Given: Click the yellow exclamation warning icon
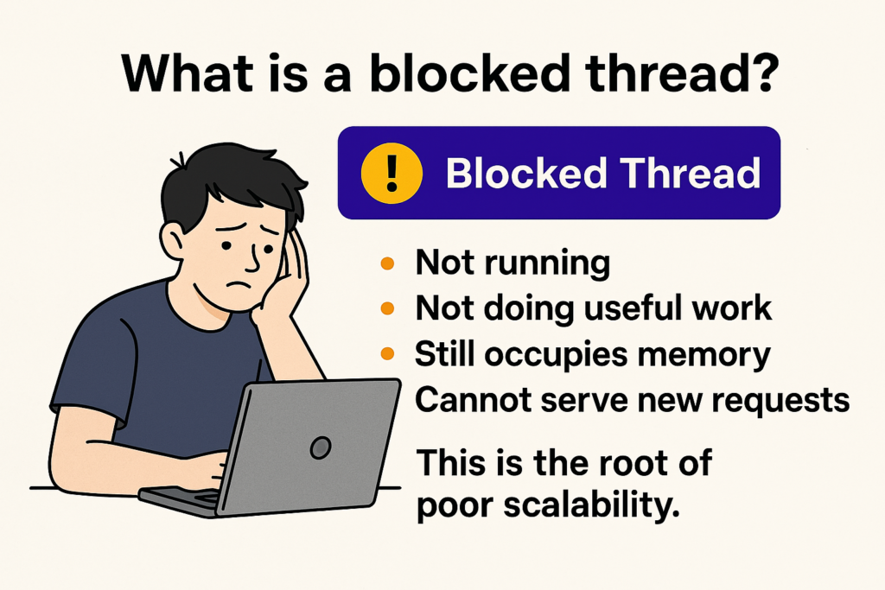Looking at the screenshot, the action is point(392,173).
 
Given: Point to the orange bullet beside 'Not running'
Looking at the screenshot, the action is point(387,263).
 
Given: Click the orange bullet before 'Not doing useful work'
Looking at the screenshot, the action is point(387,308).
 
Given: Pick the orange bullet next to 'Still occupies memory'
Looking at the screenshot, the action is point(387,353).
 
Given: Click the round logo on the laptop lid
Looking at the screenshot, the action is point(321,447).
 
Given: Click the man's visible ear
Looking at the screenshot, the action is point(172,241).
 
